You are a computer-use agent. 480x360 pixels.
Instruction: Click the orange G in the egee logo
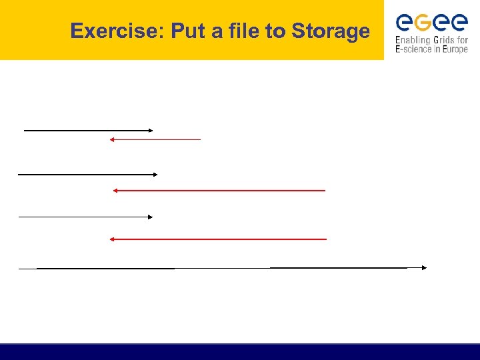coord(422,23)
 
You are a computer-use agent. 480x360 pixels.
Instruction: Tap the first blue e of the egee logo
coord(404,23)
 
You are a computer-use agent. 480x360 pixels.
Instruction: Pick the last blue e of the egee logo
coord(459,23)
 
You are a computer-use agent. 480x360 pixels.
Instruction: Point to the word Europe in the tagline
coord(454,49)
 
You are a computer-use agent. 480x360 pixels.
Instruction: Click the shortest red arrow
coord(155,139)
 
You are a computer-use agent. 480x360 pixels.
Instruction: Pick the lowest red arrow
coord(218,239)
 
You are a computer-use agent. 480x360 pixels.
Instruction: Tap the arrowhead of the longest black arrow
coord(424,267)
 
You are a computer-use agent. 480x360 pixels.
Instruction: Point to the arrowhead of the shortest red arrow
coord(112,139)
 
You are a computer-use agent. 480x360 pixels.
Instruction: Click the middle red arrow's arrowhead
coord(115,191)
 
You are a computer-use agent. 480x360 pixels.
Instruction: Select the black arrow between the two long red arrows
coord(85,217)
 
